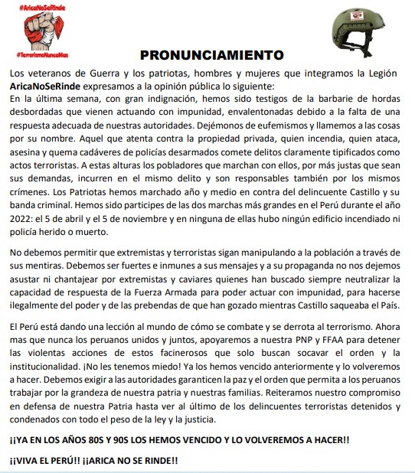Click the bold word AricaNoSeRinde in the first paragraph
(x=46, y=85)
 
